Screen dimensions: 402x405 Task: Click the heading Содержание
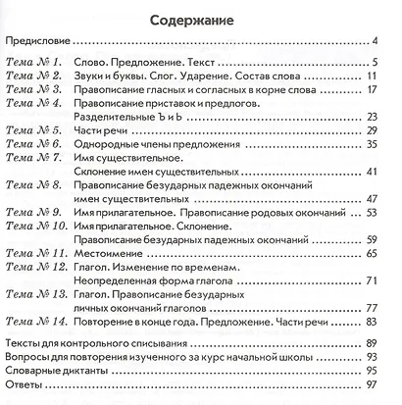click(x=200, y=17)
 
